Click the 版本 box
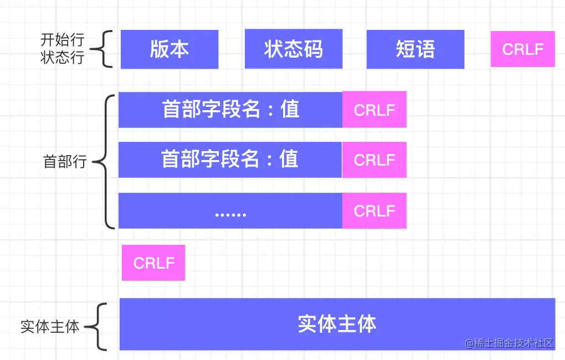pyautogui.click(x=169, y=49)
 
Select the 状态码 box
pyautogui.click(x=293, y=49)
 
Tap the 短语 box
pyautogui.click(x=415, y=49)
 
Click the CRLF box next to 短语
pyautogui.click(x=522, y=49)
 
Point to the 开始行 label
pyautogui.click(x=62, y=40)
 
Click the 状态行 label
pyautogui.click(x=62, y=58)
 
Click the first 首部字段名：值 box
pyautogui.click(x=230, y=109)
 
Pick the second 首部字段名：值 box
pyautogui.click(x=230, y=160)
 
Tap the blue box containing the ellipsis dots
pyautogui.click(x=230, y=210)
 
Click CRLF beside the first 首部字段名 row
pyautogui.click(x=374, y=110)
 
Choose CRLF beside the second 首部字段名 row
pyautogui.click(x=374, y=160)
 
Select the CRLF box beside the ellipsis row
pyautogui.click(x=374, y=210)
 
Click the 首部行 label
pyautogui.click(x=65, y=162)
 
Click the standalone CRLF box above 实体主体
pyautogui.click(x=153, y=263)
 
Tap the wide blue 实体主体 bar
pyautogui.click(x=337, y=324)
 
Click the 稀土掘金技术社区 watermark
pyautogui.click(x=510, y=343)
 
